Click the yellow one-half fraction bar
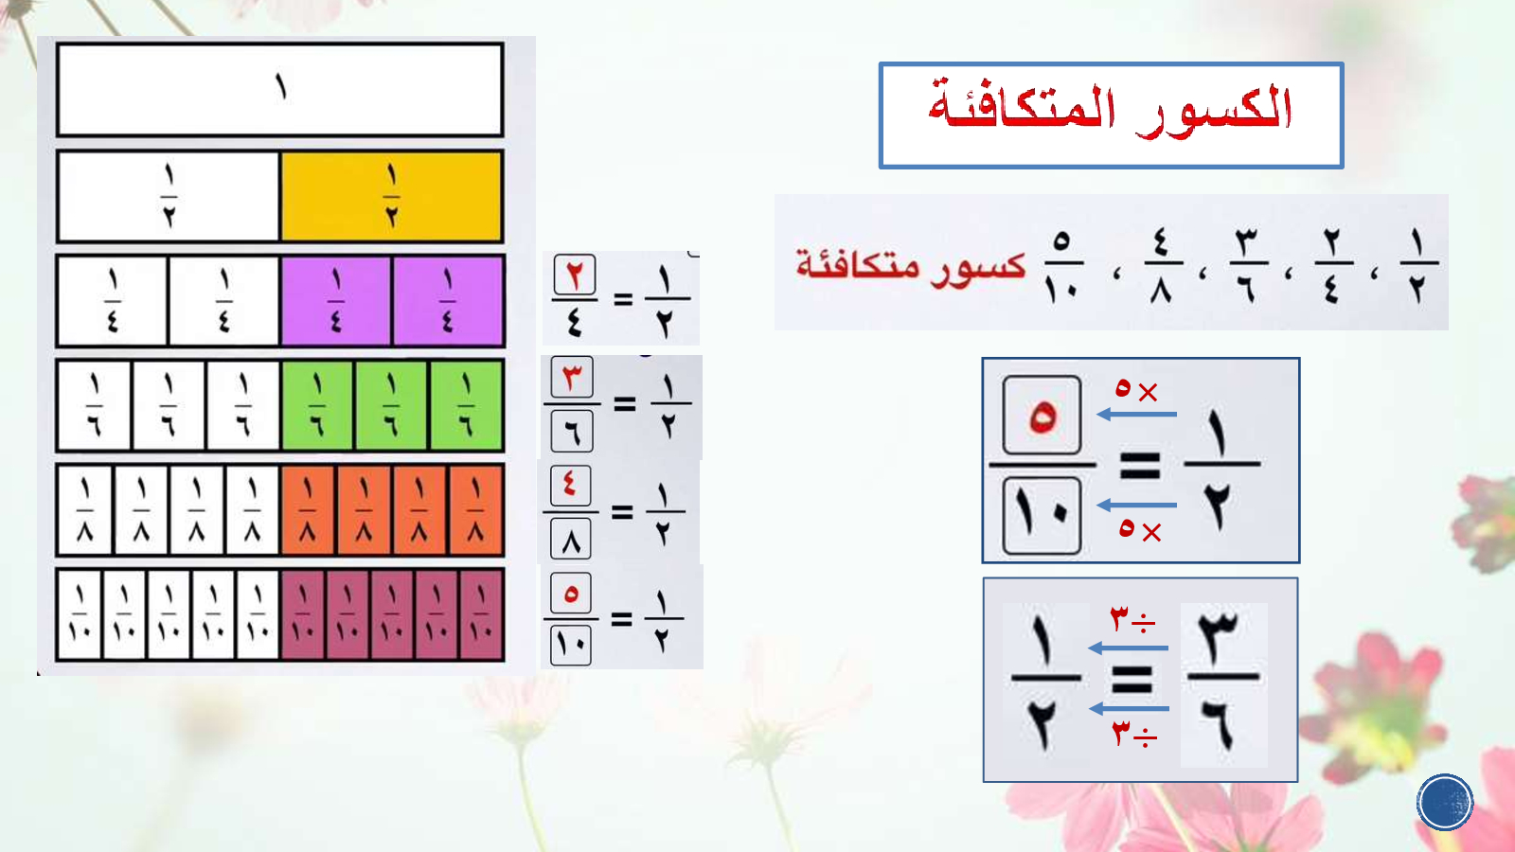coord(392,196)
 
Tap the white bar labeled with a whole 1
coord(280,89)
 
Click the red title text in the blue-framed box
coord(1110,110)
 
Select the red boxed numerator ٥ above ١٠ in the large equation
coord(1042,416)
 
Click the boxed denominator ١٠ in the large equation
coord(1042,515)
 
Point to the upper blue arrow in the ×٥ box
coord(1136,414)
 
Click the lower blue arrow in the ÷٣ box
coord(1129,709)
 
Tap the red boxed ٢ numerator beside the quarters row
coord(574,275)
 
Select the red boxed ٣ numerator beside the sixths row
coord(572,377)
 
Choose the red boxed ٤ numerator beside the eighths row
coord(571,486)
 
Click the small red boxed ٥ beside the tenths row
coord(571,593)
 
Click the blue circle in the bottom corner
coord(1445,802)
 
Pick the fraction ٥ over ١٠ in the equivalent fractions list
coord(1061,266)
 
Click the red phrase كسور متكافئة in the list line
coord(910,266)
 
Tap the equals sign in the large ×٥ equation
coord(1140,465)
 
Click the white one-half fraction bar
coord(169,196)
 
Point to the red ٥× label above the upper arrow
coord(1136,389)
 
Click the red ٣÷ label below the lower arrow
coord(1134,735)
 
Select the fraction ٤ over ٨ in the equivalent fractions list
coord(1161,266)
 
